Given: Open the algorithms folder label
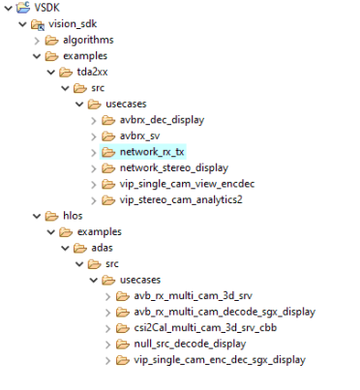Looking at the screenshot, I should point(88,40).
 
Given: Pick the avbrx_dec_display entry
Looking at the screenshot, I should point(163,120).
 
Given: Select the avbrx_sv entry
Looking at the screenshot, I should point(141,135).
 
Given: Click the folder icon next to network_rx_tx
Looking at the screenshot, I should point(109,152).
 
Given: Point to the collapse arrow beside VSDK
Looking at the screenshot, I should point(8,8).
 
